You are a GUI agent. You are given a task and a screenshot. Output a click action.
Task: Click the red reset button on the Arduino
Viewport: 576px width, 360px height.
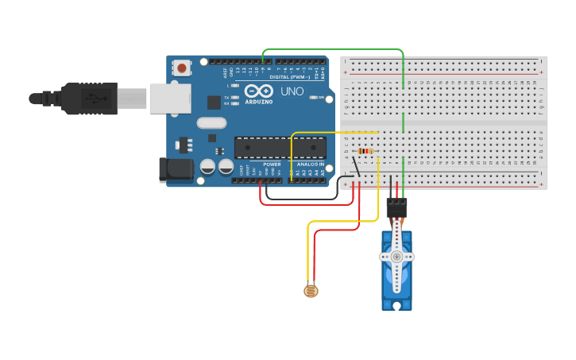coord(182,68)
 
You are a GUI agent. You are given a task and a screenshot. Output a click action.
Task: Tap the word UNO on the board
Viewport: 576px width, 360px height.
coord(292,91)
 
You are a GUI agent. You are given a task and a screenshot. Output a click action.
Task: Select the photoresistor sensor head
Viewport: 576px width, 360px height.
coord(311,292)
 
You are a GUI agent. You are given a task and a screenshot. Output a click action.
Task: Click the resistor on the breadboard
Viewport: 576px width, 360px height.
coord(365,151)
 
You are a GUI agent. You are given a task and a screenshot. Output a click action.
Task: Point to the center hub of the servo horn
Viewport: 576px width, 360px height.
coord(396,256)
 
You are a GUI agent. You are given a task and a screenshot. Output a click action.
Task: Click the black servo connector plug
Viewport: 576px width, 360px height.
coord(396,207)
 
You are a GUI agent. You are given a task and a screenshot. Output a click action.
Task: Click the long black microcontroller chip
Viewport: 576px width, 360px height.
coord(280,147)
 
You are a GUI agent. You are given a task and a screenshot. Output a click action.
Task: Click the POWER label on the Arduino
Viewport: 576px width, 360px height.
coord(272,165)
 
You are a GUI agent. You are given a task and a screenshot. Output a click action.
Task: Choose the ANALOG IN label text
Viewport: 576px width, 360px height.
coord(311,165)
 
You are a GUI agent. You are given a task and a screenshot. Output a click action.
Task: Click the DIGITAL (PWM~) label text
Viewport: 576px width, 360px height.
coord(290,77)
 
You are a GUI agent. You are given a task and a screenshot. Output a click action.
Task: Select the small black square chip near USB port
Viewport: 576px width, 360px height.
coord(214,102)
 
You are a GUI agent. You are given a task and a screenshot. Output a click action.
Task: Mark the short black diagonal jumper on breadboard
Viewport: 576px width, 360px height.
coord(356,167)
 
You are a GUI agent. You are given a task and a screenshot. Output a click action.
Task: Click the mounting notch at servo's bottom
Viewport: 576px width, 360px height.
coord(396,304)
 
